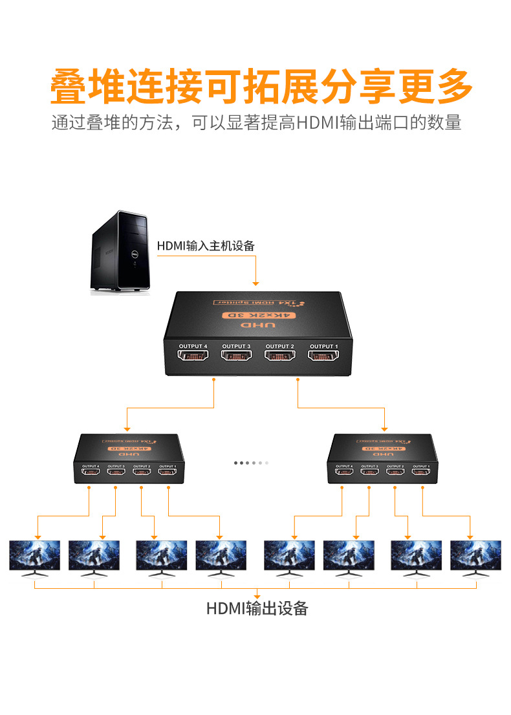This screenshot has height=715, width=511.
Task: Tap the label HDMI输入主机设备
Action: [x=206, y=246]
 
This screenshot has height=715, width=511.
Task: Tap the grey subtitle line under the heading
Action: [x=256, y=122]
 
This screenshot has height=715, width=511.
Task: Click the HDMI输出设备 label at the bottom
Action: [x=257, y=608]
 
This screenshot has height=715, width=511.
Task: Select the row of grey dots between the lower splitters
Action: [x=250, y=463]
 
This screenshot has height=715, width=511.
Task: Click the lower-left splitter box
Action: [x=128, y=460]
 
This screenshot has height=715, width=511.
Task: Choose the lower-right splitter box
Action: [x=382, y=460]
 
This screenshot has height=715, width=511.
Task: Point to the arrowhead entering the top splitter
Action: [x=256, y=283]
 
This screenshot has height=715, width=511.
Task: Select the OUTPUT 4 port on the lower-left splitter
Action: [x=90, y=472]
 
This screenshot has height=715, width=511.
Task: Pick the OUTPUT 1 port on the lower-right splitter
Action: [x=421, y=472]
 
